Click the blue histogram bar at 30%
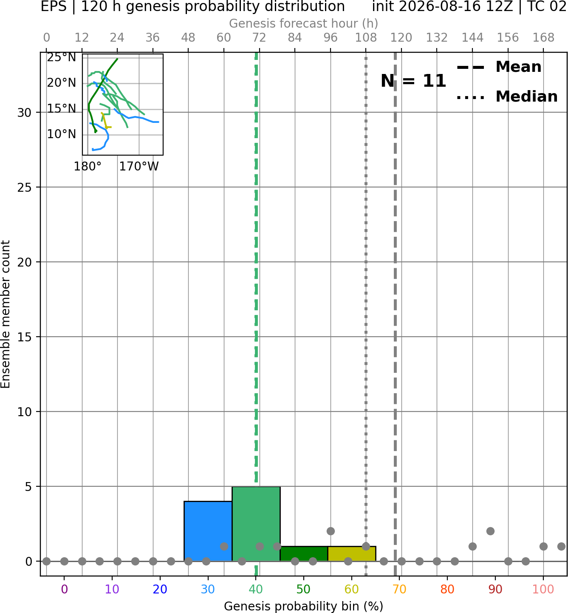coord(208,531)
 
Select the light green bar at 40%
coord(256,524)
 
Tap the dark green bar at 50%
coord(304,554)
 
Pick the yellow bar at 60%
coord(352,554)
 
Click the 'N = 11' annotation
coord(413,81)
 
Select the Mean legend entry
coord(499,67)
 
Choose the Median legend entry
coord(507,96)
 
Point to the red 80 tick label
coord(447,589)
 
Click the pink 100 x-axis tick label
coord(543,589)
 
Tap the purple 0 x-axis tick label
coord(64,589)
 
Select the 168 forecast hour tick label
coord(543,38)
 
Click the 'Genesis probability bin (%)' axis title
coord(304,606)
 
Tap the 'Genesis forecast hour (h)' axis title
coord(304,23)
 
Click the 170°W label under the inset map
coord(139,167)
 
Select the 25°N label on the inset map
coord(62,57)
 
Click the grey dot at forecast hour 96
coord(331,531)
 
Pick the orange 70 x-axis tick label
coord(399,589)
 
